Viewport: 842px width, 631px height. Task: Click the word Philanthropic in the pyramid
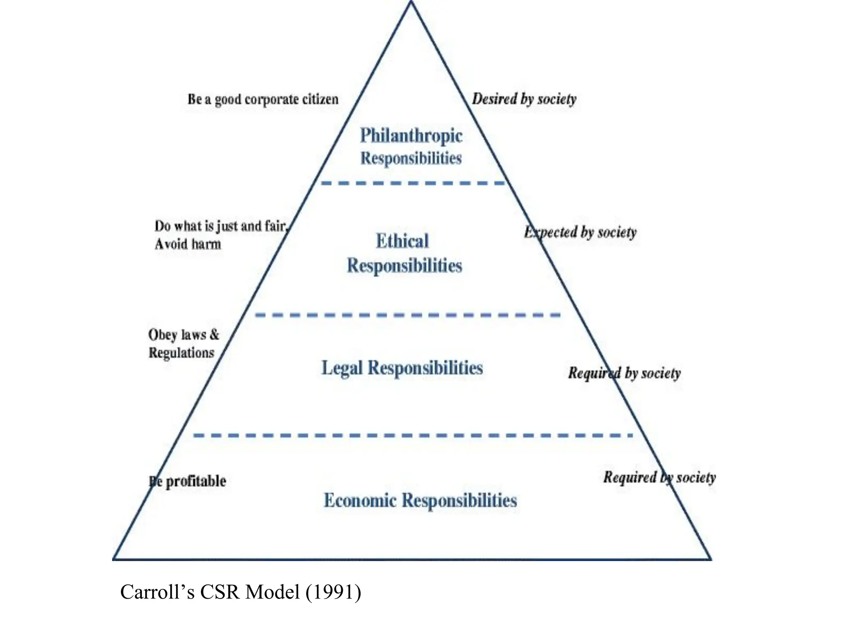tap(411, 136)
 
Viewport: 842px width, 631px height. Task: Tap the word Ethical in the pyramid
tap(402, 241)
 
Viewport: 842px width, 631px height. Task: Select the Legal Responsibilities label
tap(402, 368)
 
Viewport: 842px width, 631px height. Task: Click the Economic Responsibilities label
tap(420, 500)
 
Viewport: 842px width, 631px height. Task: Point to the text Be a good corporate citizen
tap(263, 99)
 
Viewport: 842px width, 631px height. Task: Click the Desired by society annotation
tap(524, 99)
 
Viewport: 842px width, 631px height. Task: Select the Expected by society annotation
tap(580, 233)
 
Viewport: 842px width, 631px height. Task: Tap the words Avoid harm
tap(188, 244)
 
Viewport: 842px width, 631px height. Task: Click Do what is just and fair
tap(221, 226)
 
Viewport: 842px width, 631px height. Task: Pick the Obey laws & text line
tap(184, 335)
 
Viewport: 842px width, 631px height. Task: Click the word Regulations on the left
tap(181, 353)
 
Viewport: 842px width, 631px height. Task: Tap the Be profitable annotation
tap(187, 481)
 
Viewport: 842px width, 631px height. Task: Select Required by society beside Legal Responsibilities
tap(624, 373)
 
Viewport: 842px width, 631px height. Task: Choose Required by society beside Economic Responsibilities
tap(659, 477)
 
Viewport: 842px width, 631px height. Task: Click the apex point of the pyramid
tap(411, 2)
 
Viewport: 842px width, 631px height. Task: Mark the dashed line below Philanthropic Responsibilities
tap(412, 183)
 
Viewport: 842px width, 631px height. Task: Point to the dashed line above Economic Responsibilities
tap(412, 435)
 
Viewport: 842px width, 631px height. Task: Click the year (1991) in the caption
tap(333, 592)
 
